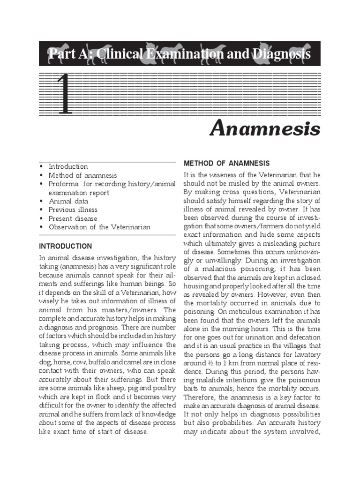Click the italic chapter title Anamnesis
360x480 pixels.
click(x=264, y=127)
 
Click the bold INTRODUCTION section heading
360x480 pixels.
click(x=65, y=246)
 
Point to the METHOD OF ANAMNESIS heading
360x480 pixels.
click(x=226, y=163)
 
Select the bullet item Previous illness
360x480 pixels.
click(x=73, y=210)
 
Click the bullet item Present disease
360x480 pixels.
click(x=73, y=218)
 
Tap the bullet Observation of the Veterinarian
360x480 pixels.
click(x=99, y=227)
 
